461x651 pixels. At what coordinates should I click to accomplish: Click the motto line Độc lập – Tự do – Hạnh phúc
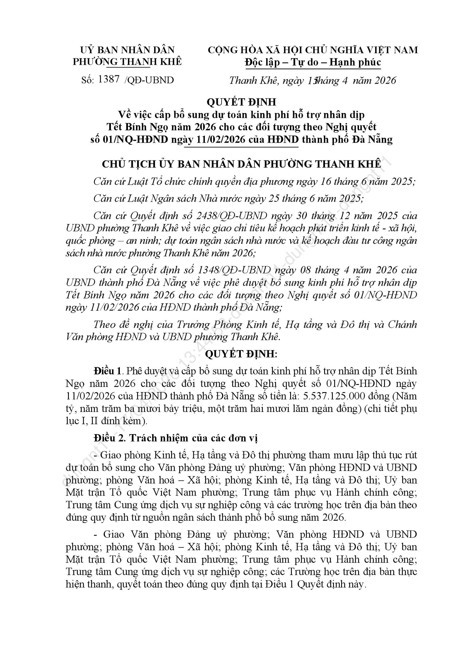click(313, 62)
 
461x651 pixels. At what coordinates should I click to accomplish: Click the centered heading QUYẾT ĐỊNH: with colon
click(241, 354)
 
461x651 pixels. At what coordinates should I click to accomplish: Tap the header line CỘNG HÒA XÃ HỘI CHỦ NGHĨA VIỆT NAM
click(313, 50)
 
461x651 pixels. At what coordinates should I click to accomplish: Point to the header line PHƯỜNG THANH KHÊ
click(127, 62)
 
